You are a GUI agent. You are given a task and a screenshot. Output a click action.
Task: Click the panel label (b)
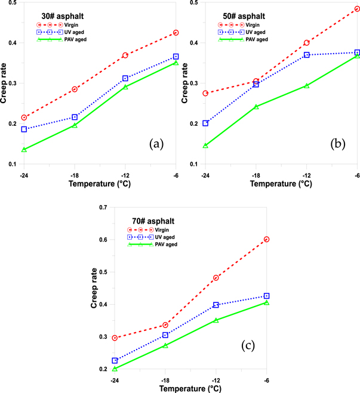pos(337,144)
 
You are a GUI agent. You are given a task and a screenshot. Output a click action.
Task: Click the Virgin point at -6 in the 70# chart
pos(267,239)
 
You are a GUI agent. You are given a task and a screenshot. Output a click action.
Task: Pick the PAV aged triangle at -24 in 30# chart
pos(24,149)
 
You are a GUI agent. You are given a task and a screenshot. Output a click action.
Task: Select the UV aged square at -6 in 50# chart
pos(357,52)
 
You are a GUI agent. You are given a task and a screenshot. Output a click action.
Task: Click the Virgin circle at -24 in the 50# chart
pos(205,93)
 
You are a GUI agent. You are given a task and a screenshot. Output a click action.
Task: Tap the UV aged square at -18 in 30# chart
pos(75,117)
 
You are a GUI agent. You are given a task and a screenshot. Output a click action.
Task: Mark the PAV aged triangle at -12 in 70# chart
pos(216,320)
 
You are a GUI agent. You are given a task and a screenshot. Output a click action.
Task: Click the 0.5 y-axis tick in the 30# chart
pos(11,3)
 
